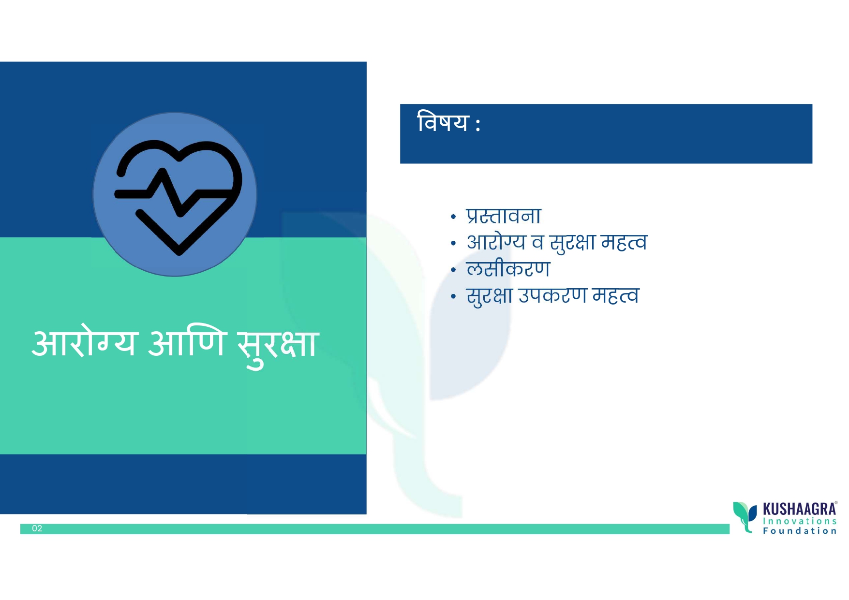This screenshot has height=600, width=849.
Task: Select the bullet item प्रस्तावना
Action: [x=504, y=216]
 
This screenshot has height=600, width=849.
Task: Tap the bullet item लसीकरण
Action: [x=508, y=269]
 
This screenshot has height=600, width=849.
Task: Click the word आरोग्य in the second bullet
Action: [x=496, y=242]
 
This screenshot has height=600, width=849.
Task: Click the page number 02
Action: [x=37, y=528]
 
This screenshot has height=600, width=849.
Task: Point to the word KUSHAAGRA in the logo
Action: [x=800, y=509]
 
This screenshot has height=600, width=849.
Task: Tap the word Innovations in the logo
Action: [x=800, y=521]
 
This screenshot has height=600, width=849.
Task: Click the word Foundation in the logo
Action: [x=800, y=531]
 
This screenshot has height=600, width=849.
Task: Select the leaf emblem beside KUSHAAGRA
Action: [x=745, y=516]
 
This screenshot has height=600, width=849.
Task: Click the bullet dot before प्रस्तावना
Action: [x=453, y=217]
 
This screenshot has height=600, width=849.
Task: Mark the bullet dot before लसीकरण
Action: [x=453, y=270]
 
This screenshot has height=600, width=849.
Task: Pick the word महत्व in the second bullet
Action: [x=624, y=242]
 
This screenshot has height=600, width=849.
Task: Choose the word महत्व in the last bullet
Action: [x=616, y=295]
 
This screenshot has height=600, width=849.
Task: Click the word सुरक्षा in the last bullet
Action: [x=489, y=296]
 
